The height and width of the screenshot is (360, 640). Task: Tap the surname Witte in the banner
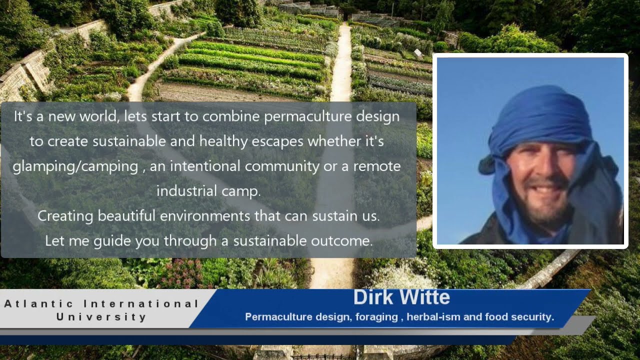pyautogui.click(x=425, y=297)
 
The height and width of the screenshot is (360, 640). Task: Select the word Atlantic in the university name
pyautogui.click(x=39, y=303)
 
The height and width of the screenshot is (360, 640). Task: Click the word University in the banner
pyautogui.click(x=101, y=317)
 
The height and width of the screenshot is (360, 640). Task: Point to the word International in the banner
pyautogui.click(x=141, y=303)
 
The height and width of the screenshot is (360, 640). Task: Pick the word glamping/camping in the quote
pyautogui.click(x=75, y=166)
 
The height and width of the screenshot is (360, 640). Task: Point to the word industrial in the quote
pyautogui.click(x=187, y=190)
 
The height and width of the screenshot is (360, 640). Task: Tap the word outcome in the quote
pyautogui.click(x=341, y=241)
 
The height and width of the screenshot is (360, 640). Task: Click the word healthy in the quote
pyautogui.click(x=223, y=141)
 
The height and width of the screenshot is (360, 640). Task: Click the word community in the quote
pyautogui.click(x=282, y=166)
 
